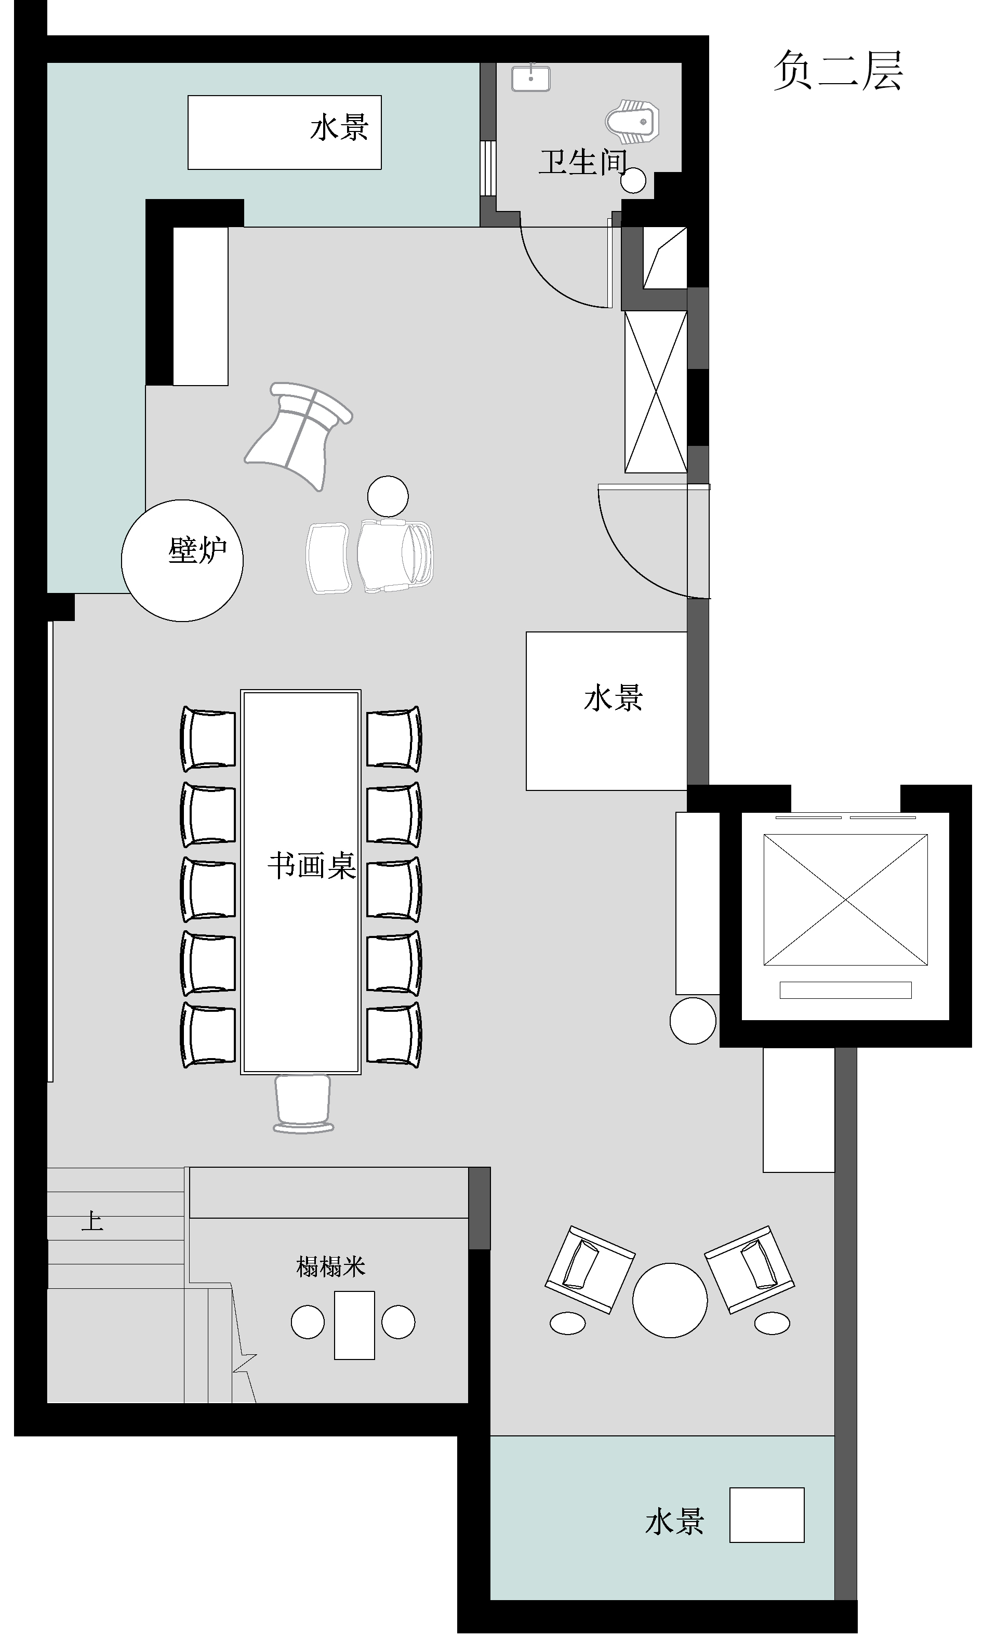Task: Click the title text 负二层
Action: coord(838,70)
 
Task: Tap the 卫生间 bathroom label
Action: coord(582,162)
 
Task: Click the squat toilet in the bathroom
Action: coord(632,122)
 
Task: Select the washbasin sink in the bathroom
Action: coord(530,77)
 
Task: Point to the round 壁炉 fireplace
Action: coord(182,561)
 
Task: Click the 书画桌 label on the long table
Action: coord(311,866)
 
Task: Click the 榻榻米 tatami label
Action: coord(331,1266)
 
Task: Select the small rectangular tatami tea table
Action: coord(354,1325)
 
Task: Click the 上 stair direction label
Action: coord(92,1220)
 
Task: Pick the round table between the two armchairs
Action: coord(670,1300)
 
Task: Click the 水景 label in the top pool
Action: coord(339,127)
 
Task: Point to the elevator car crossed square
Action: coord(846,900)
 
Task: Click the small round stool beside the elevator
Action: coord(693,1021)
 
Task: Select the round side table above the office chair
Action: coord(388,496)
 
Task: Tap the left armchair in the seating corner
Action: coord(589,1269)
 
